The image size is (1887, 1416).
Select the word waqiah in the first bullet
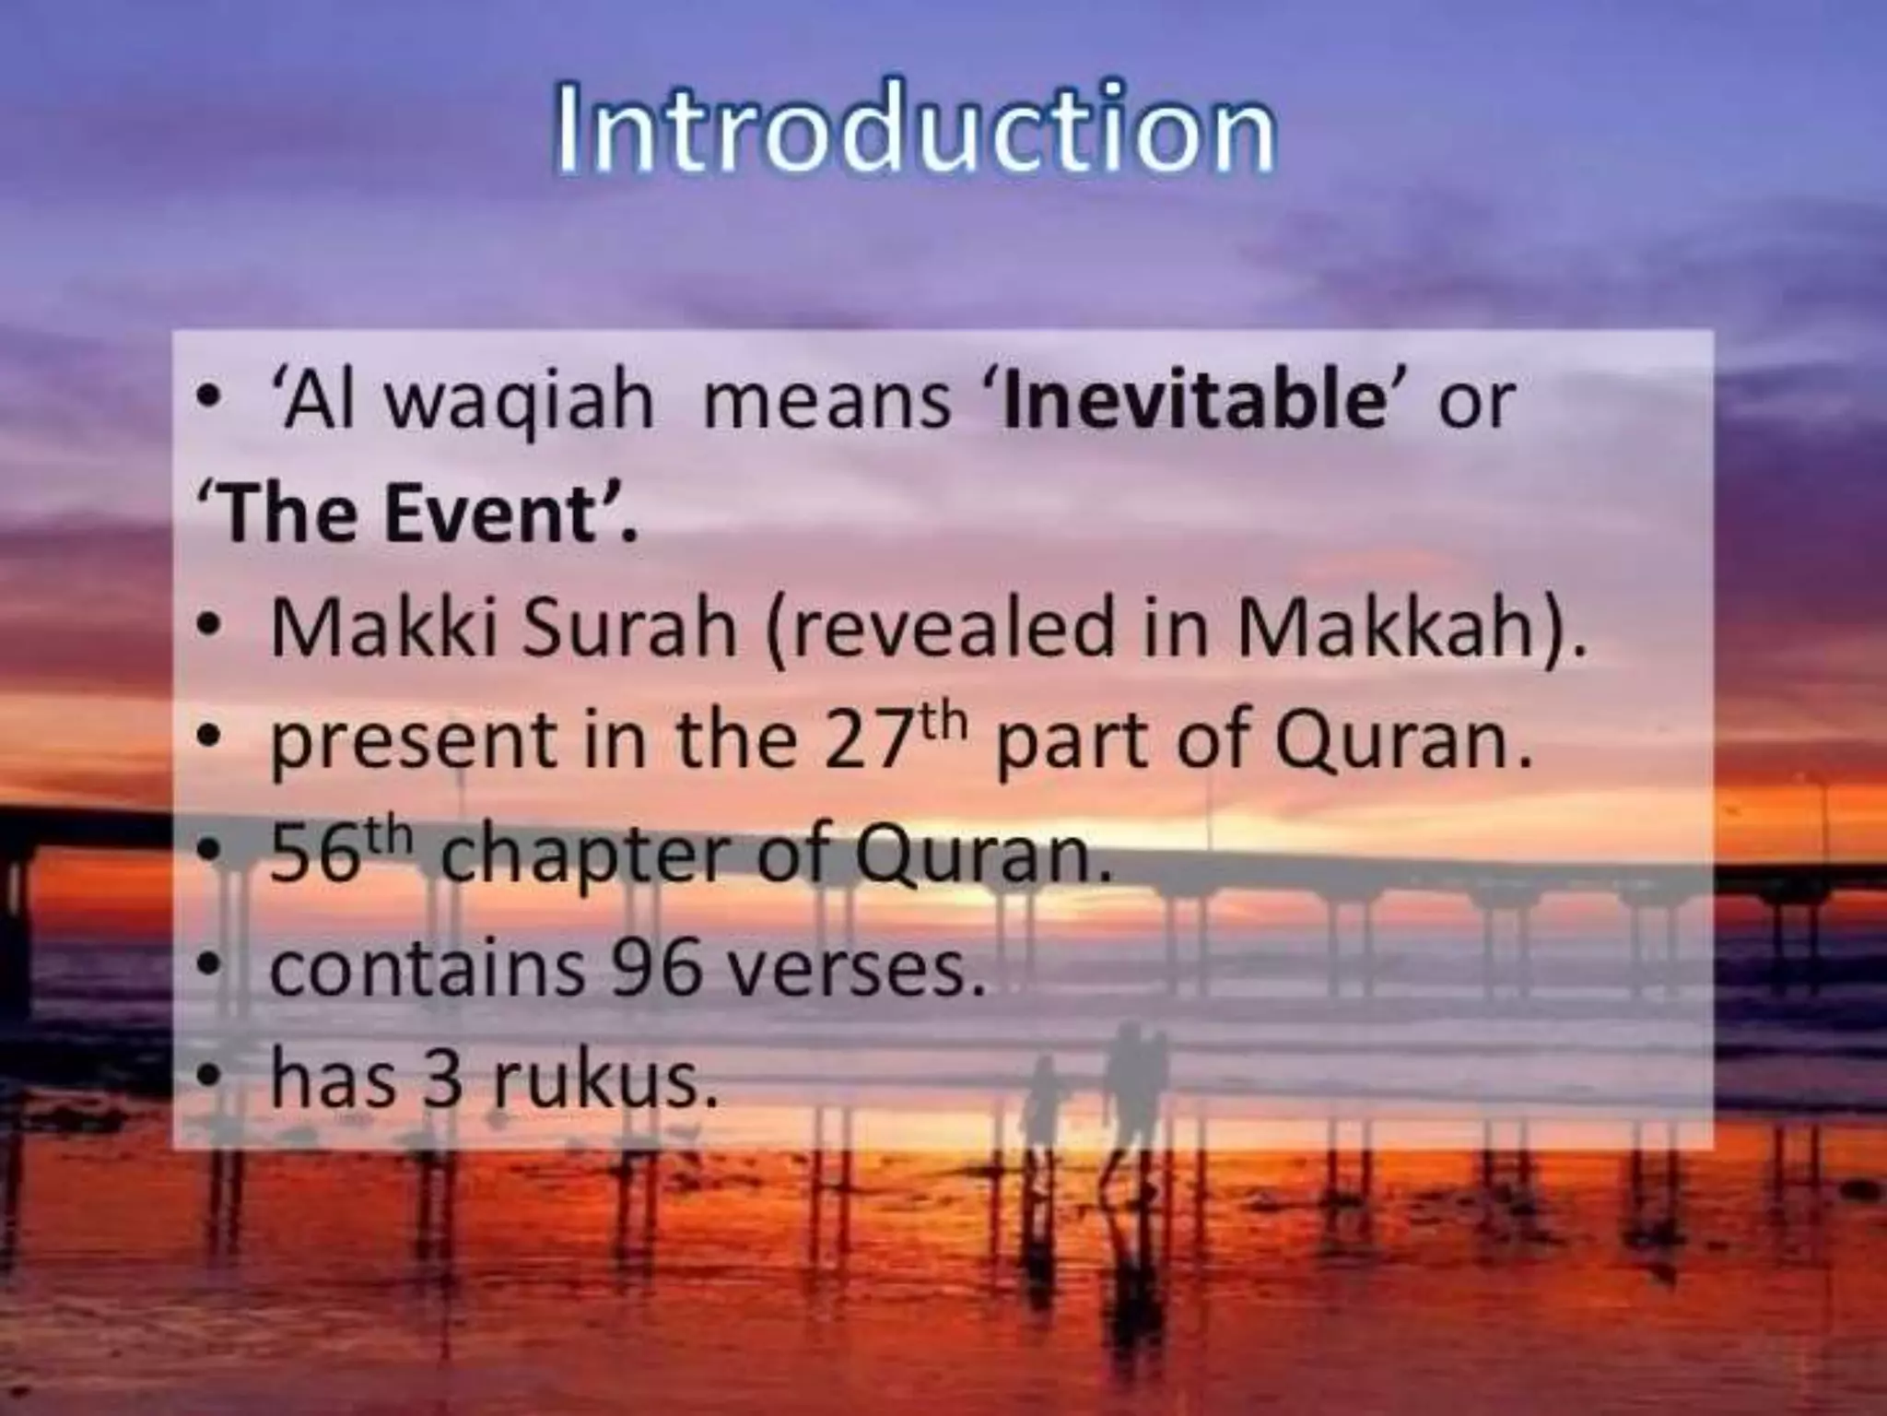[519, 403]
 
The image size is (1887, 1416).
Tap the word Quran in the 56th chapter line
[981, 857]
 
